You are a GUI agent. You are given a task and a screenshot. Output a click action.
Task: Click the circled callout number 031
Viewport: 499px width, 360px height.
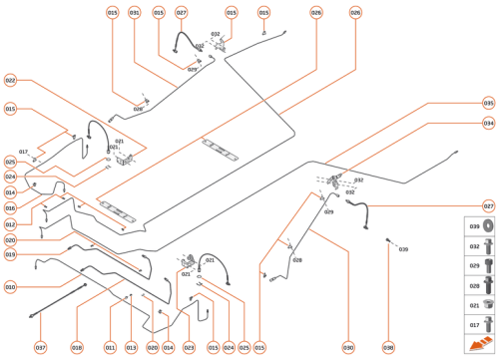pos(135,13)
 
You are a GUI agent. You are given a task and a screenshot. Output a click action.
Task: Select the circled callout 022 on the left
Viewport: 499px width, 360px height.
pos(10,80)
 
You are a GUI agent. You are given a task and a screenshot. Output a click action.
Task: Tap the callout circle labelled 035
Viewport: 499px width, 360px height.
pos(488,103)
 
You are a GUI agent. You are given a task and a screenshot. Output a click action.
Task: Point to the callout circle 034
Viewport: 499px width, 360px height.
pos(488,123)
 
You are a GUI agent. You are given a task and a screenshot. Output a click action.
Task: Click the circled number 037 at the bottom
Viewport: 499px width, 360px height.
pos(41,347)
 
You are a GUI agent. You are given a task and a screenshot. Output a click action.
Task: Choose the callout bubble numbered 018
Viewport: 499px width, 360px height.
pos(77,347)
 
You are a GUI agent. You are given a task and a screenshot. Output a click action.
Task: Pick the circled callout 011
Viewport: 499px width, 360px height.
pos(110,347)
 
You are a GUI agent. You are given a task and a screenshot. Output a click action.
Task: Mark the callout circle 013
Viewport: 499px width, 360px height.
pos(131,347)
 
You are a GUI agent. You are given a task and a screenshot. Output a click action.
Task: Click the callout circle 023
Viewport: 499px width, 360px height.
pos(190,347)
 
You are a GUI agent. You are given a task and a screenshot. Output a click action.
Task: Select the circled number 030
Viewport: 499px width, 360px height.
pos(348,347)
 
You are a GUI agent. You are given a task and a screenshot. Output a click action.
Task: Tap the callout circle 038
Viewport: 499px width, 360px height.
pos(388,347)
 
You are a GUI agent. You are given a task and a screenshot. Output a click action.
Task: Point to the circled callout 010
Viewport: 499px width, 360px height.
pos(10,287)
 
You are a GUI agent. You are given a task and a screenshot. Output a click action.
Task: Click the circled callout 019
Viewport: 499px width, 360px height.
pos(10,254)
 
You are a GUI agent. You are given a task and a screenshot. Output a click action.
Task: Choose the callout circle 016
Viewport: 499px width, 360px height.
pos(10,207)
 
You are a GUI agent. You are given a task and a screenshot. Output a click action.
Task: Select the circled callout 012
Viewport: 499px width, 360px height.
pos(10,224)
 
